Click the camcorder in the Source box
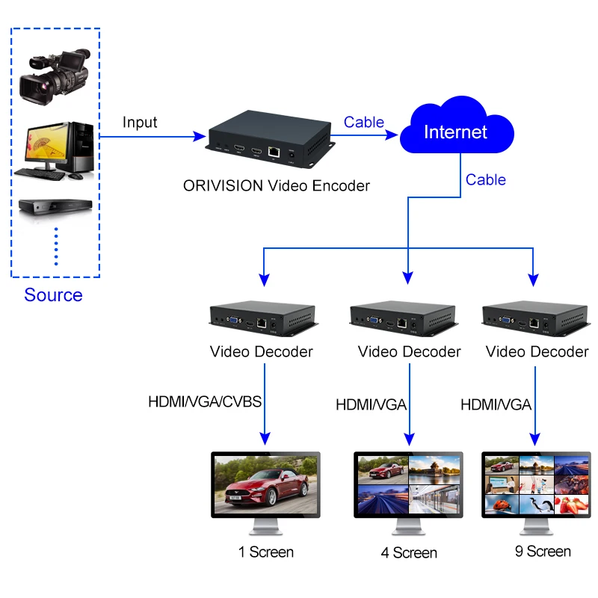pyautogui.click(x=55, y=76)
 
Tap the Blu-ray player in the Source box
pyautogui.click(x=55, y=207)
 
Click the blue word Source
pyautogui.click(x=53, y=295)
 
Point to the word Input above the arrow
pyautogui.click(x=140, y=123)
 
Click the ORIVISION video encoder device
pyautogui.click(x=271, y=139)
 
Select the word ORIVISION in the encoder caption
pyautogui.click(x=223, y=185)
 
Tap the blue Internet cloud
pyautogui.click(x=457, y=125)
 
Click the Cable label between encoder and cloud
pyautogui.click(x=364, y=122)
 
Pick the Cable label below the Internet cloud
pyautogui.click(x=486, y=179)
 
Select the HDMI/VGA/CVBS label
pyautogui.click(x=205, y=401)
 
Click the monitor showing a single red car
pyautogui.click(x=266, y=493)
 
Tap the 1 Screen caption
pyautogui.click(x=266, y=552)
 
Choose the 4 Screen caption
pyautogui.click(x=409, y=552)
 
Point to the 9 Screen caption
pyautogui.click(x=543, y=551)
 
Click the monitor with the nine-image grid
pyautogui.click(x=536, y=493)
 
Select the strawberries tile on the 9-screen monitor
pyautogui.click(x=571, y=504)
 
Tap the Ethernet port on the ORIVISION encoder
pyautogui.click(x=274, y=152)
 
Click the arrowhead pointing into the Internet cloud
pyautogui.click(x=391, y=135)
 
